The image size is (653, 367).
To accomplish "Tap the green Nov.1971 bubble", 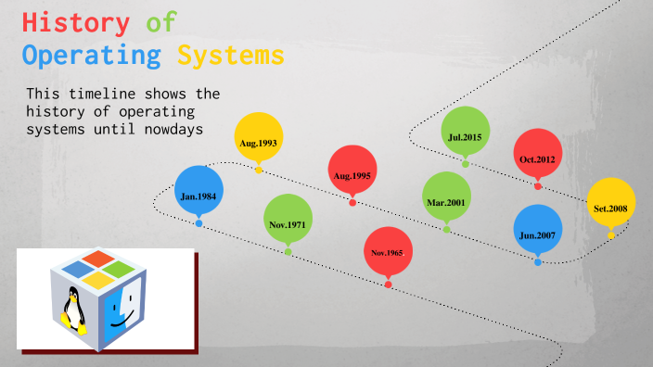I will (288, 219).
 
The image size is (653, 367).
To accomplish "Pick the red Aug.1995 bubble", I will (352, 170).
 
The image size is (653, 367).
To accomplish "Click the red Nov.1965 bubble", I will (389, 251).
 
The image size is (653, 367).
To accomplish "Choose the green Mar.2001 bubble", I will (446, 196).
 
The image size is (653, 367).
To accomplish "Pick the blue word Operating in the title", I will (92, 56).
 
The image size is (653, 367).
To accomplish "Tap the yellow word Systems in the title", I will (231, 56).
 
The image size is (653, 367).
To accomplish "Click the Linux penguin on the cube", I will (73, 310).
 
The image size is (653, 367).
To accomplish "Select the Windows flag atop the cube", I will (97, 268).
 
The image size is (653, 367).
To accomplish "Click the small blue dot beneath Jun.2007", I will (538, 262).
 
